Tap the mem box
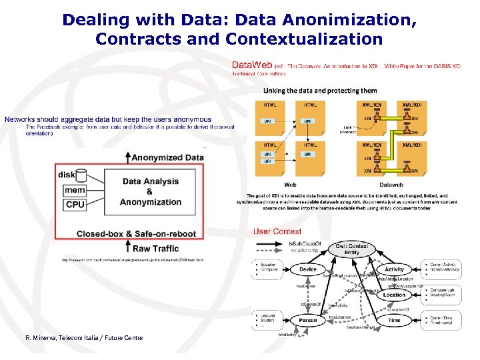pos(75,190)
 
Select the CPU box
pos(75,205)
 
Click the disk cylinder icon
pos(81,175)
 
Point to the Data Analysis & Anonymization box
pos(151,191)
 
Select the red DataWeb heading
pos(251,65)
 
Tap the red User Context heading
pos(277,231)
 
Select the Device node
pos(308,270)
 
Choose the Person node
pos(308,320)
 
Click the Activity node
pos(394,270)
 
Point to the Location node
pos(394,295)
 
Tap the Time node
pos(394,320)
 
